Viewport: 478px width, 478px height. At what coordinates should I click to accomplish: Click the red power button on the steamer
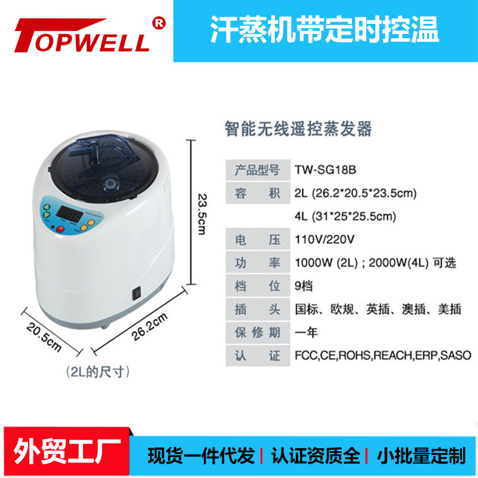60,229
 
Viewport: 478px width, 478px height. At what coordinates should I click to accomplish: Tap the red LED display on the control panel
69,213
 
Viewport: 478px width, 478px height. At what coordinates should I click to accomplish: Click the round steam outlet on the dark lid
110,184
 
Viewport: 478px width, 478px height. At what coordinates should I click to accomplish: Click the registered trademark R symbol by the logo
159,23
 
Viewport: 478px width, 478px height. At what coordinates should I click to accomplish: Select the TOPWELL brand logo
82,35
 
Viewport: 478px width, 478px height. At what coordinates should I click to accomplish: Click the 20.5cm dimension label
44,338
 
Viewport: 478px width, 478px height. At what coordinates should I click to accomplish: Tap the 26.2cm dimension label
149,326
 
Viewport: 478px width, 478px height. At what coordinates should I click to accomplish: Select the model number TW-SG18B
325,170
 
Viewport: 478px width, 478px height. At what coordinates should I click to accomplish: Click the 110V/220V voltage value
324,240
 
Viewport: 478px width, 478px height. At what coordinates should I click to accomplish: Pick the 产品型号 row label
258,170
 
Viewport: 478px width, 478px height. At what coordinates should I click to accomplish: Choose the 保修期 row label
258,333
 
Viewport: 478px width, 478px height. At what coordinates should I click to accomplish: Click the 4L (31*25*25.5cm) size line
345,216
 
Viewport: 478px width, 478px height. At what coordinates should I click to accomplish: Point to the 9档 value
304,286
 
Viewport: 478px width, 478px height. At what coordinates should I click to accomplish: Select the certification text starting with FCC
383,356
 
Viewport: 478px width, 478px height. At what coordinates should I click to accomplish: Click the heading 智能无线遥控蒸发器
298,128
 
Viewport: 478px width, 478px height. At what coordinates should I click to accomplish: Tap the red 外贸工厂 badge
67,452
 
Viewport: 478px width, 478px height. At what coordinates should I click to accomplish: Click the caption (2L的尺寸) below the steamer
98,372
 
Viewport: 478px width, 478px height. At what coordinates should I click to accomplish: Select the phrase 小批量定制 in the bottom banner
421,456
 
